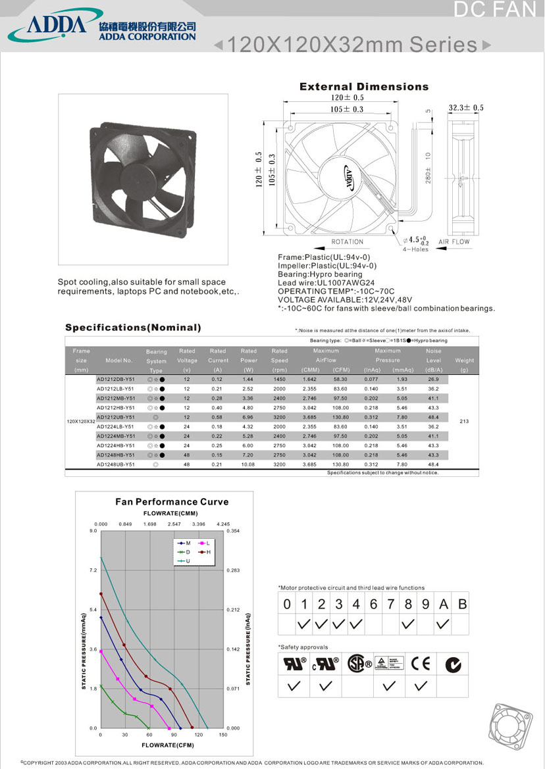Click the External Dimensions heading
[364, 87]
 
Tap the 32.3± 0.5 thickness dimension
[466, 108]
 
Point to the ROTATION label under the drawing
[348, 242]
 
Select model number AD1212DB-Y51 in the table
[116, 380]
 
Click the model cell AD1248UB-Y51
[116, 464]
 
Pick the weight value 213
[464, 420]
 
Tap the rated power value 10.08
[249, 464]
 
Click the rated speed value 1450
[279, 380]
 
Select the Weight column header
[464, 360]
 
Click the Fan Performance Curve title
[172, 502]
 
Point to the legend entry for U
[187, 561]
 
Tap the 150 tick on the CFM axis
[223, 735]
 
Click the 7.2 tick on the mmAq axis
[93, 570]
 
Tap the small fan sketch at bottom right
[510, 727]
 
